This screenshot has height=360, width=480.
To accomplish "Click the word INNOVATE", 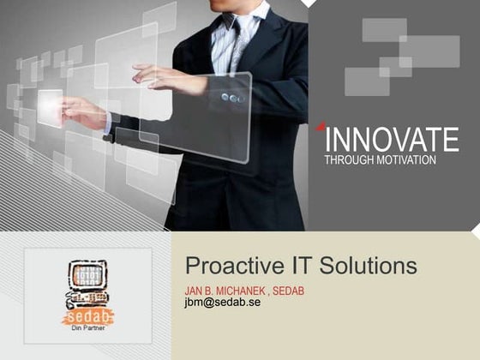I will [393, 140].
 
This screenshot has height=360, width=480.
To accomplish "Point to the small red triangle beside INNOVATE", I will [321, 128].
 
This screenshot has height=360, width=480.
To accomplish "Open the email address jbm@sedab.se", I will [223, 303].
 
